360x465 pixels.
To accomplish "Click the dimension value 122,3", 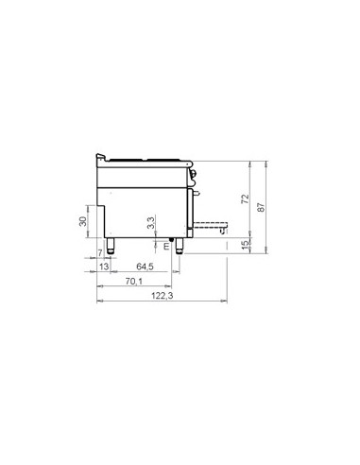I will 162,296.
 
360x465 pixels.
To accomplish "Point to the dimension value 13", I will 104,267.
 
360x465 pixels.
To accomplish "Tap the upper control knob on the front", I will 194,171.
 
